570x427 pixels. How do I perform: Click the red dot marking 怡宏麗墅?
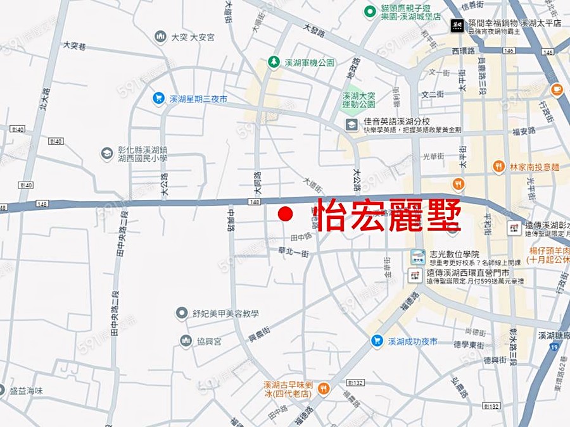pos(286,214)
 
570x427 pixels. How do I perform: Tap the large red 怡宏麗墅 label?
pos(387,215)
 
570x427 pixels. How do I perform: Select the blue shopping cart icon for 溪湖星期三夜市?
pos(158,99)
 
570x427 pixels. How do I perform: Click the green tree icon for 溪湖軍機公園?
pos(273,62)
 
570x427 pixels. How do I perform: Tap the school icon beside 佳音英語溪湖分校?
pos(350,125)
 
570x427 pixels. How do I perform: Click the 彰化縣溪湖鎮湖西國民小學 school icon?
pos(107,153)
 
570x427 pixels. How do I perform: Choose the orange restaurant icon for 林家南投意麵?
pos(498,166)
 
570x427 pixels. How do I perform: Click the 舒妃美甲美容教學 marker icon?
pos(182,313)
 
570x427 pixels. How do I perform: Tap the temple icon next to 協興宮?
pos(186,341)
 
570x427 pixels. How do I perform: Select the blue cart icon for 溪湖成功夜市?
pos(377,341)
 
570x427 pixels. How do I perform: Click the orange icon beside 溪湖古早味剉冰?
pos(323,388)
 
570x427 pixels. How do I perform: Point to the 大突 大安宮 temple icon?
pos(160,37)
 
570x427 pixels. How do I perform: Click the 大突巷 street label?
pos(75,45)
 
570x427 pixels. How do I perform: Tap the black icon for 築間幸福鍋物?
pos(456,25)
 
